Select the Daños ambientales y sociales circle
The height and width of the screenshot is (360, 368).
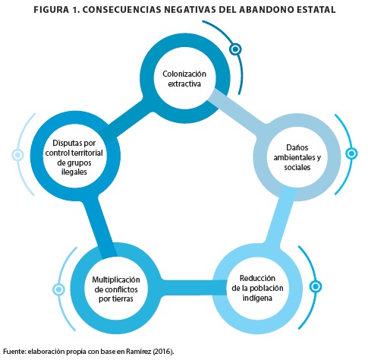(x=297, y=123)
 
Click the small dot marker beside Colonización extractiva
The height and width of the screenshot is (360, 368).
(x=235, y=49)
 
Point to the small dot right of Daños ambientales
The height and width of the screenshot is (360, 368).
(x=351, y=153)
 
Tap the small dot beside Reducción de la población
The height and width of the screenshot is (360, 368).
(x=316, y=286)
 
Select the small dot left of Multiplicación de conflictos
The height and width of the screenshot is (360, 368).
(x=58, y=289)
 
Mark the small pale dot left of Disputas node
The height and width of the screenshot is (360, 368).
(x=17, y=155)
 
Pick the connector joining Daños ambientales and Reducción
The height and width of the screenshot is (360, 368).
(x=282, y=218)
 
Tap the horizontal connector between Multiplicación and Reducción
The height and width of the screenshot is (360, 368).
(x=194, y=288)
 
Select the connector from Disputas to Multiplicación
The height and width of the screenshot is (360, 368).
(x=100, y=227)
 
